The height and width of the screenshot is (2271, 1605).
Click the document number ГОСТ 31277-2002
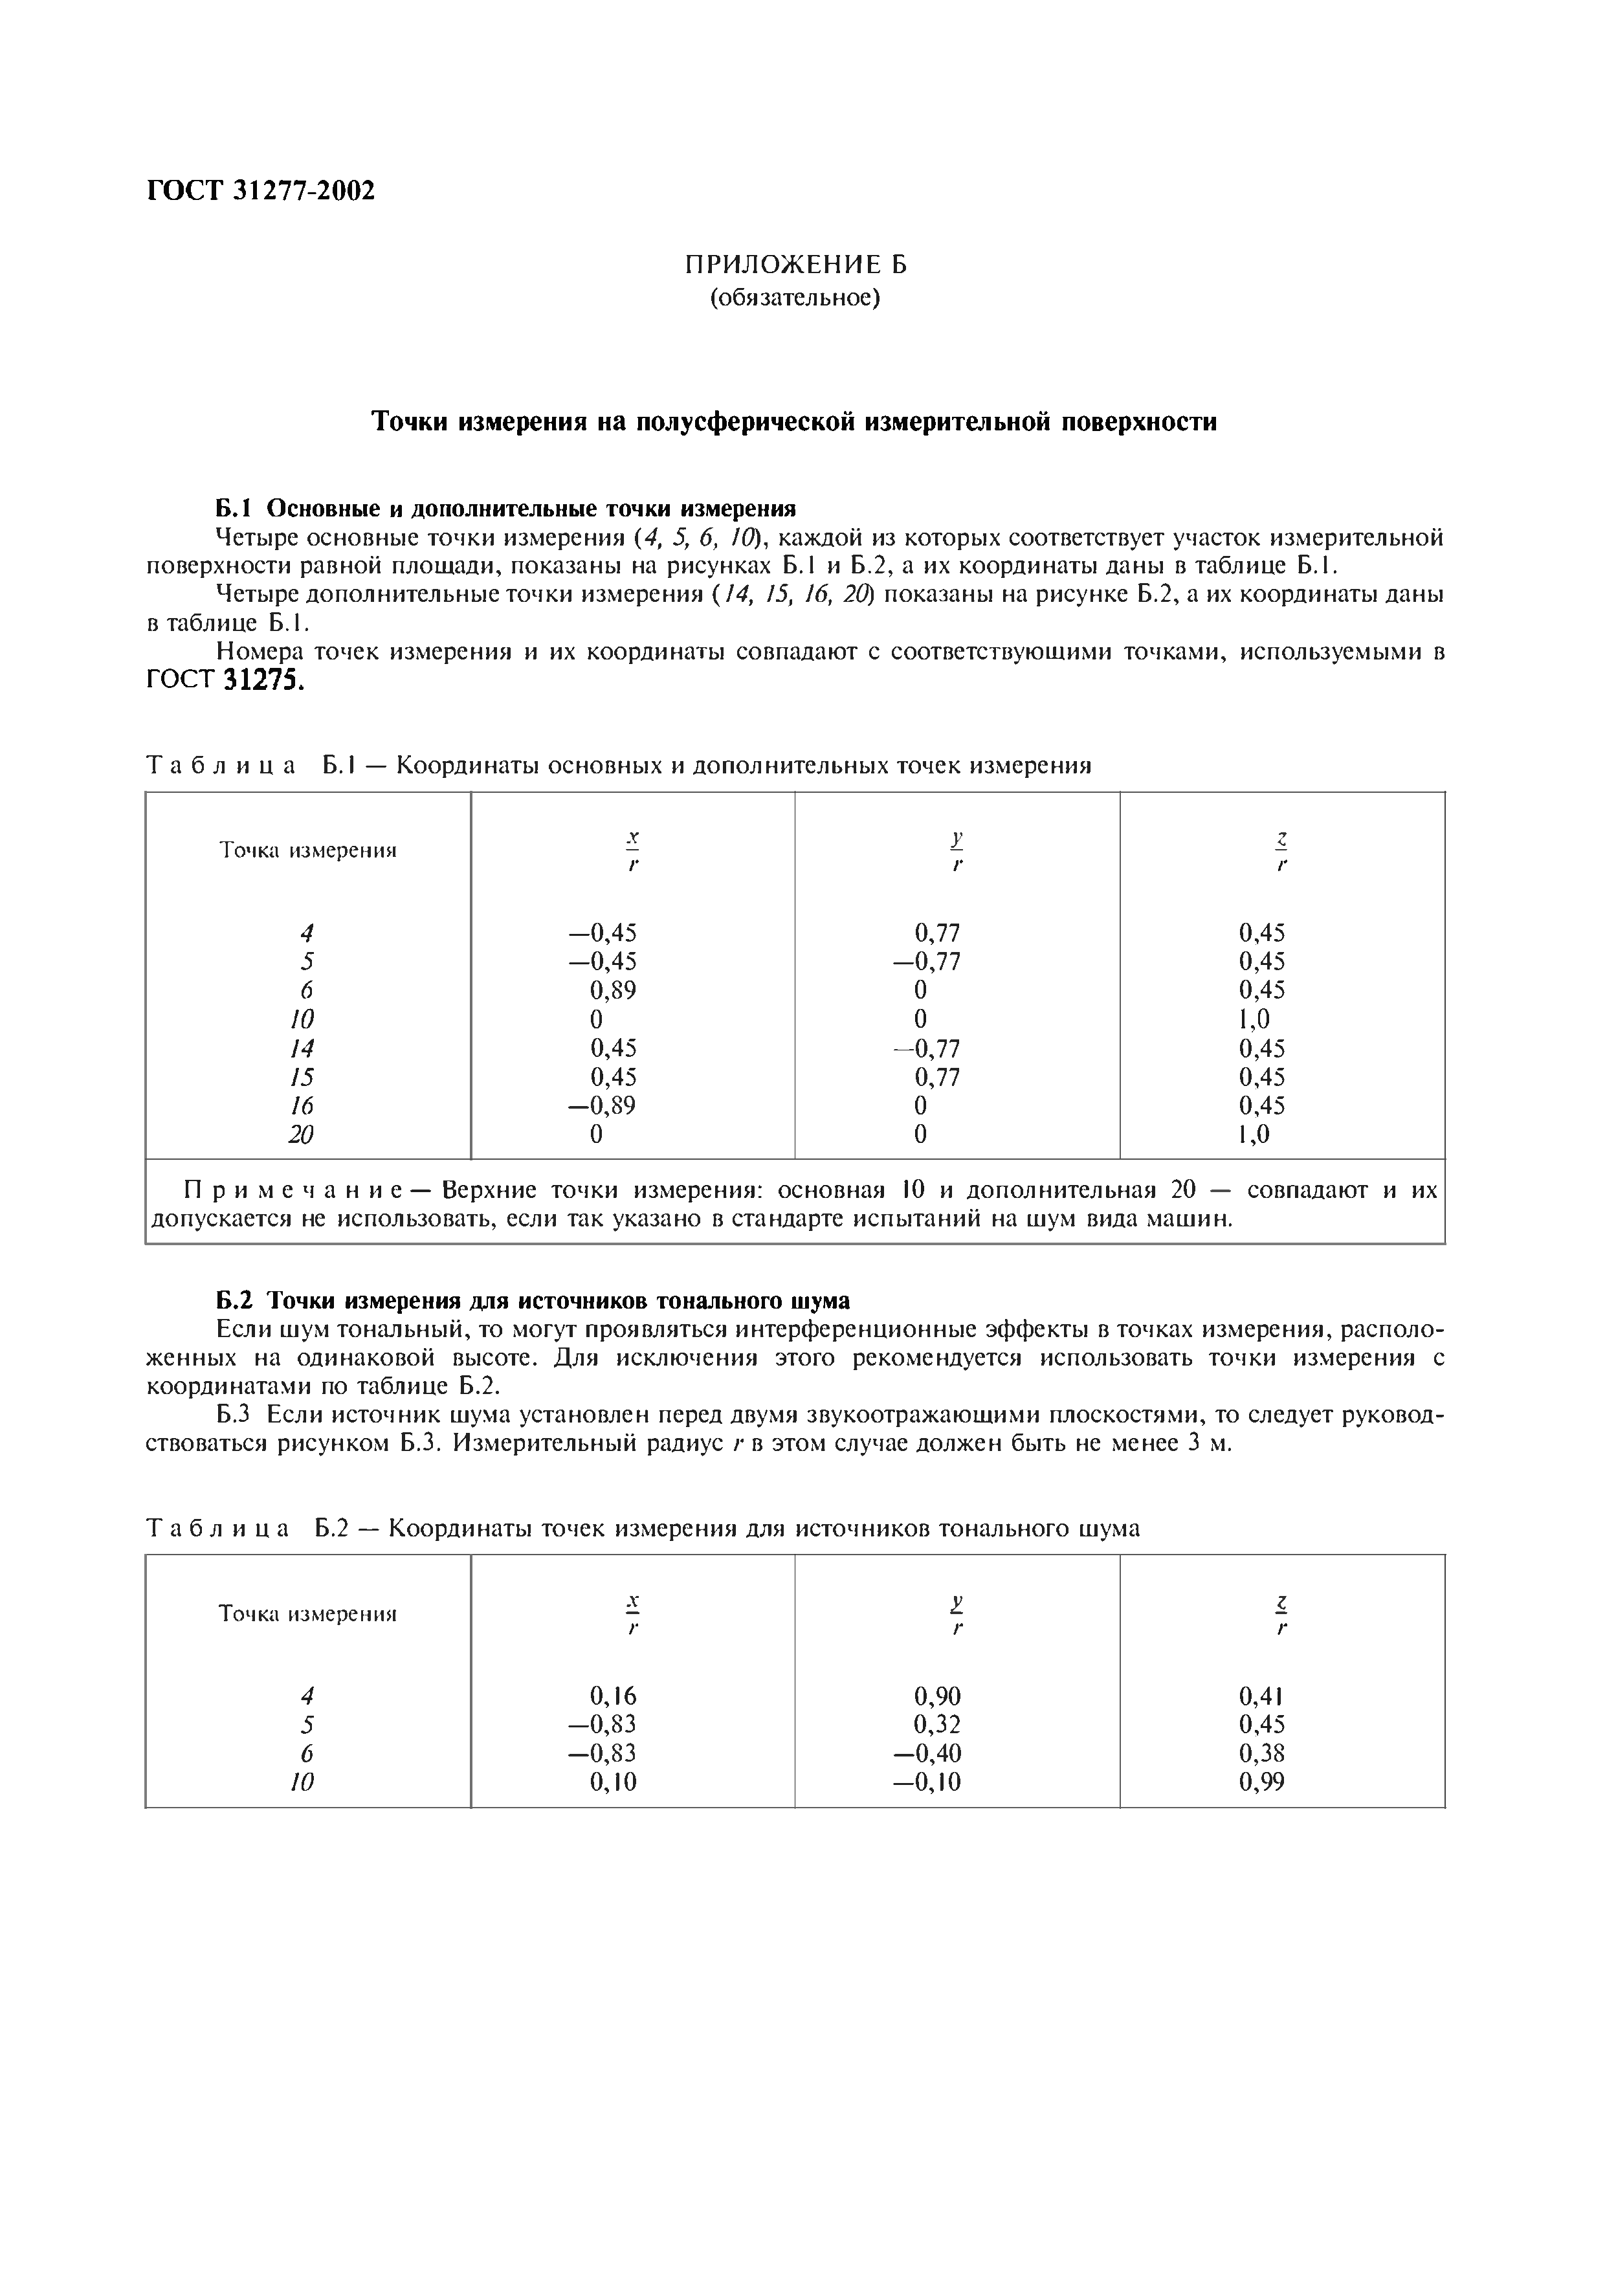pos(261,191)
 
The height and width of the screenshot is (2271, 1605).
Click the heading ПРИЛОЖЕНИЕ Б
pos(795,265)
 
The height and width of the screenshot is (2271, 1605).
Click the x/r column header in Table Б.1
pos(633,850)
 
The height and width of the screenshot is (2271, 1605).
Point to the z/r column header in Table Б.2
pos(1281,1613)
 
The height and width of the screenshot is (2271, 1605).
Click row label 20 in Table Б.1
pos(302,1135)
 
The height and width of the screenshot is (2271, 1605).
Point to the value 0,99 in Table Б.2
pos(1262,1782)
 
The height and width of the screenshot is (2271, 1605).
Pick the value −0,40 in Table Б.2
pos(927,1754)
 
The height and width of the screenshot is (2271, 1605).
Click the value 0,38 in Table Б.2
pos(1262,1754)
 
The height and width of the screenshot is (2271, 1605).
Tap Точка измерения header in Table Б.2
pos(307,1614)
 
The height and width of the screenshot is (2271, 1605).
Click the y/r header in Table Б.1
pos(957,850)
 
